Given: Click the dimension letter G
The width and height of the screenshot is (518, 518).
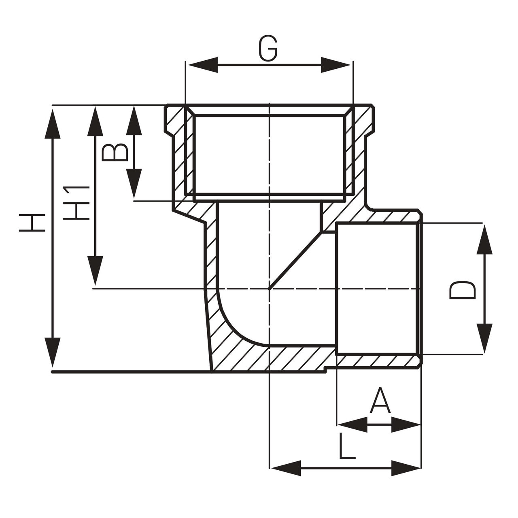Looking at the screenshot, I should coord(268,49).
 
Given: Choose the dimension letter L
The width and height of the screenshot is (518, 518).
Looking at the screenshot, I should coord(346,448).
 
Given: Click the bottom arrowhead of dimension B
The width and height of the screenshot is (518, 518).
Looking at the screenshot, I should coord(134,184).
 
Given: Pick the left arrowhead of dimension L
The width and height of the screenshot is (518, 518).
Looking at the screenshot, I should coord(286,468).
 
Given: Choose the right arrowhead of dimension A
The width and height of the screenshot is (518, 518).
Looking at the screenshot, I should coord(405,425).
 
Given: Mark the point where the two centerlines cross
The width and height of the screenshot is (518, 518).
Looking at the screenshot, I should coord(269,289).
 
